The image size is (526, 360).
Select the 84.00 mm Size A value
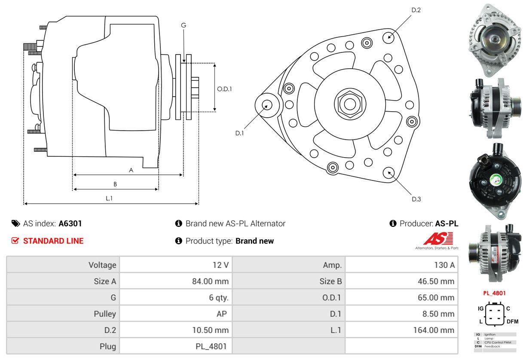pos(210,281)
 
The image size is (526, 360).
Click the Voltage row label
pos(102,265)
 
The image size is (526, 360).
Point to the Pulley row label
pos(105,314)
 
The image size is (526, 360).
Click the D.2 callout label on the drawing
pos(416,10)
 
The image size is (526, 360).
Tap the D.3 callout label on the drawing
pos(416,199)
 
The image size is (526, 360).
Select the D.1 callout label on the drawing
pos(239,133)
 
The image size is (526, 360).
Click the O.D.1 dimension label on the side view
pos(224,89)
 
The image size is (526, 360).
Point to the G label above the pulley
pos(183,25)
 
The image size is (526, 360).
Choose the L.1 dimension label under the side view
pos(109,198)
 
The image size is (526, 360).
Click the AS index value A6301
pos(70,223)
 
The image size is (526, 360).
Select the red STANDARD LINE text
pos(53,241)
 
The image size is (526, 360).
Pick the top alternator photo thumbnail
pos(494,40)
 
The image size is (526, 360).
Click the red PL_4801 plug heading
pos(494,293)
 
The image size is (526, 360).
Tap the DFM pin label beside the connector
pos(512,321)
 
